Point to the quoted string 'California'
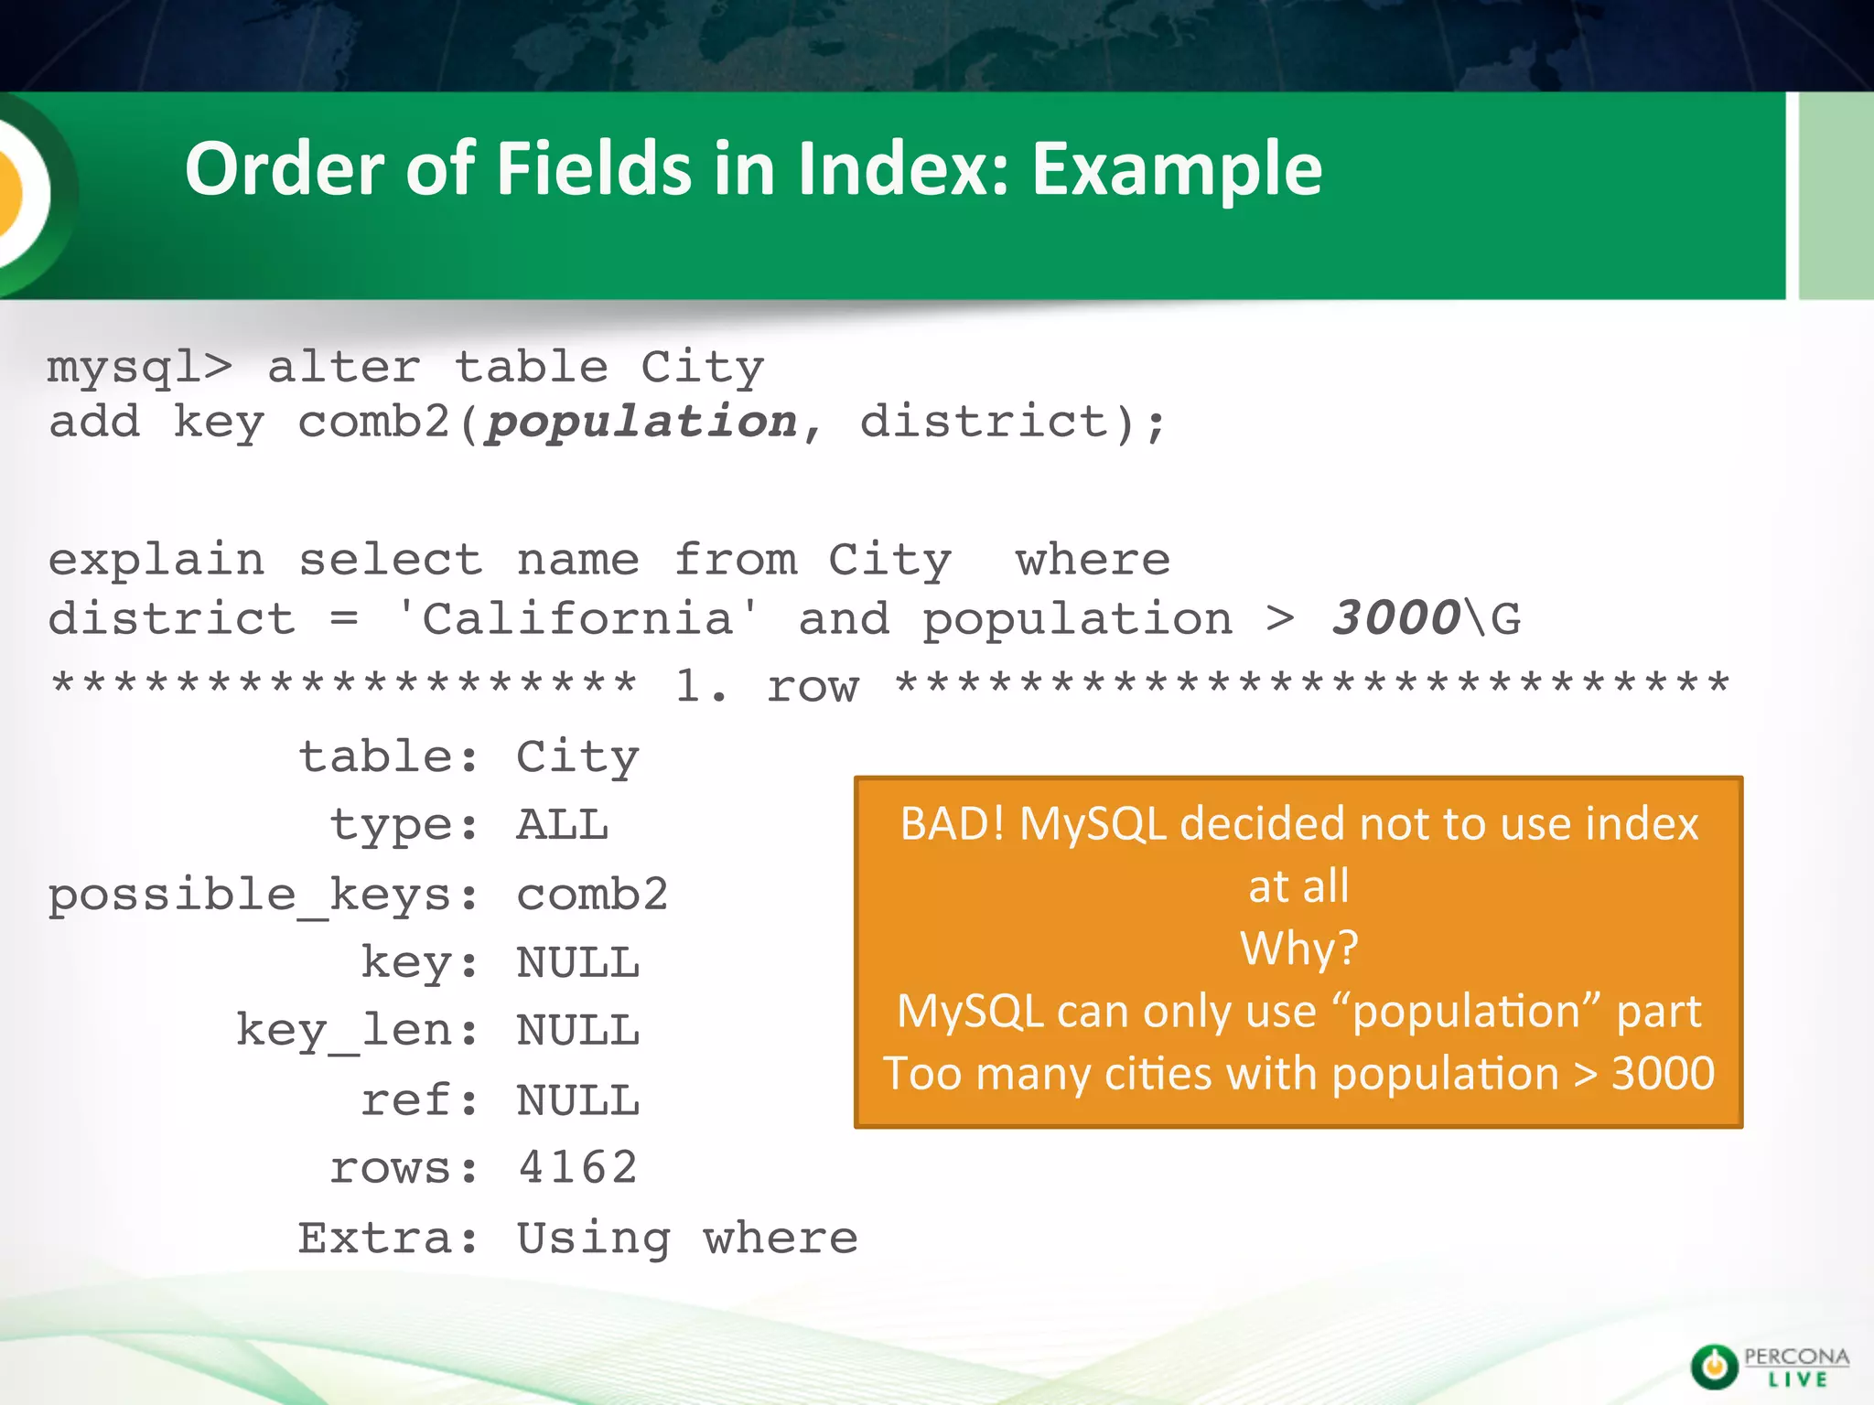point(577,619)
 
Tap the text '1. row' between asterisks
point(767,686)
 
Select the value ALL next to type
point(563,825)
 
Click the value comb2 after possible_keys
point(592,894)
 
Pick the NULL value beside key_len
point(577,1031)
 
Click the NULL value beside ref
point(577,1100)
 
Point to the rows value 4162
point(577,1168)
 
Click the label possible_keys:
point(264,895)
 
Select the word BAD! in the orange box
point(952,823)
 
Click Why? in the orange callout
point(1298,949)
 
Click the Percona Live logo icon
point(1714,1367)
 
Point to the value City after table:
point(577,757)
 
